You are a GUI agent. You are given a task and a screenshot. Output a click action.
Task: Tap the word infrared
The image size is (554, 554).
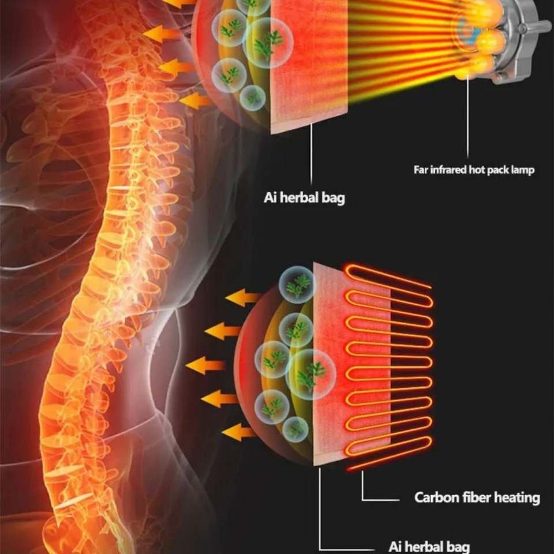coord(447,170)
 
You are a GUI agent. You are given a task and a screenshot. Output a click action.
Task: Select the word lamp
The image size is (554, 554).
coord(522,170)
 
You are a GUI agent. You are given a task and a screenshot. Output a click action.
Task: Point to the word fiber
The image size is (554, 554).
coord(472,497)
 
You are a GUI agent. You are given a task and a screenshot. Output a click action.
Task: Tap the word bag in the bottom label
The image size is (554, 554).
coord(455,546)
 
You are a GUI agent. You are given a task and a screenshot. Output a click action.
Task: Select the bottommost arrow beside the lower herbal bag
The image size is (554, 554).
coord(238,432)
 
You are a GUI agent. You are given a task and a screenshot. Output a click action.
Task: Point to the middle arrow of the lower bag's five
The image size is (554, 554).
coord(205,365)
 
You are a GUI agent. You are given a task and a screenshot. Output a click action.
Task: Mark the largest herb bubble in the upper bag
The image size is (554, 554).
coord(269,42)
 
